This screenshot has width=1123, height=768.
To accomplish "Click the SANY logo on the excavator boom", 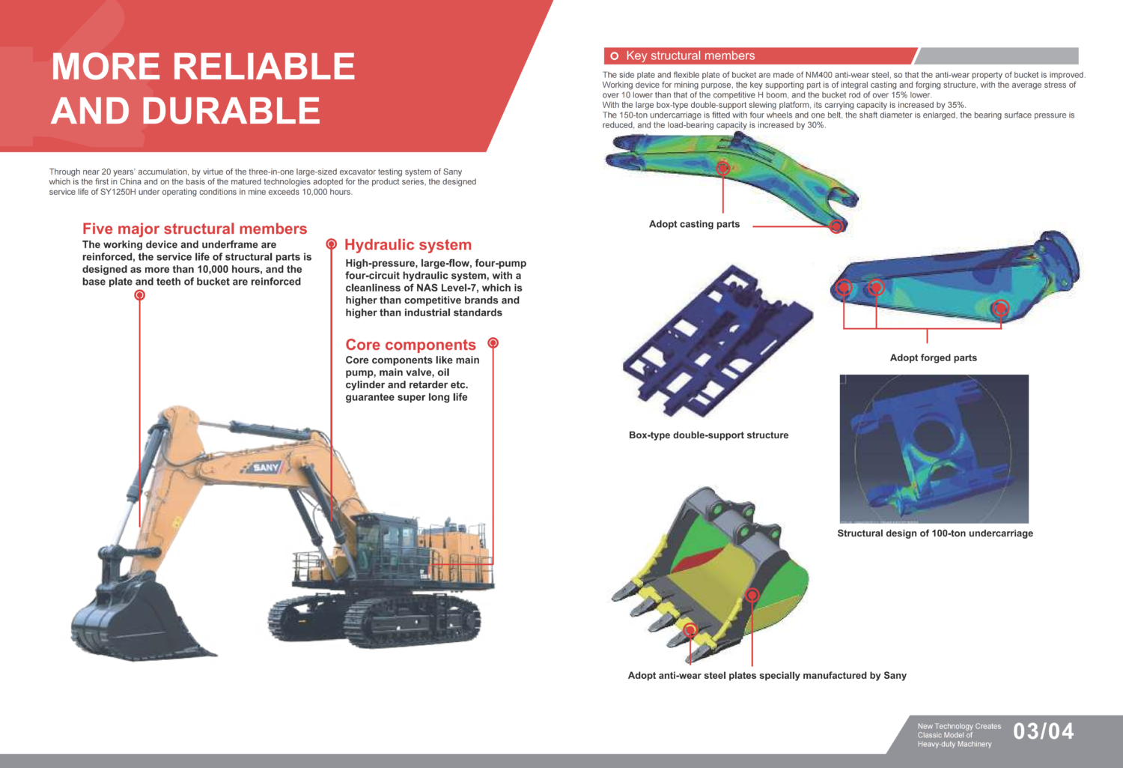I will coord(266,468).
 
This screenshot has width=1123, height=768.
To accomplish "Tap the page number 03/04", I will coord(1043,731).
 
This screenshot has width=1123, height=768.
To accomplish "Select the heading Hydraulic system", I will coord(408,245).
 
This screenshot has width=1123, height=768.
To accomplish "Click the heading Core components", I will coord(410,345).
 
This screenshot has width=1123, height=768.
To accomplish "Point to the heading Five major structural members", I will coord(195,229).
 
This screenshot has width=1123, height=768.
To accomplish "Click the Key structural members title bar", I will coord(760,56).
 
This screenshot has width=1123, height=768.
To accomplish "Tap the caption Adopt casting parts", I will coord(694,224).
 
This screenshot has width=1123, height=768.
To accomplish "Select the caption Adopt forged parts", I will coord(933,357).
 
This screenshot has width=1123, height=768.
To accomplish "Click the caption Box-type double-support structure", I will coord(708,435).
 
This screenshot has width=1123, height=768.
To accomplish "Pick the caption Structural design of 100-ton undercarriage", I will coord(935,533).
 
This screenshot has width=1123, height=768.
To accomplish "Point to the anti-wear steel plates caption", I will coord(767,676).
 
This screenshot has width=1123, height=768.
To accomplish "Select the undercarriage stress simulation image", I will coord(934,449).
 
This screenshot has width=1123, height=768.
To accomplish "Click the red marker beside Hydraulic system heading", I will coord(332,244).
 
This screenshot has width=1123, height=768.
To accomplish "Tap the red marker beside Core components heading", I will coord(493,343).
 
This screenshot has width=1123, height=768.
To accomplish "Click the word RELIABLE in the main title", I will coord(264,67).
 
